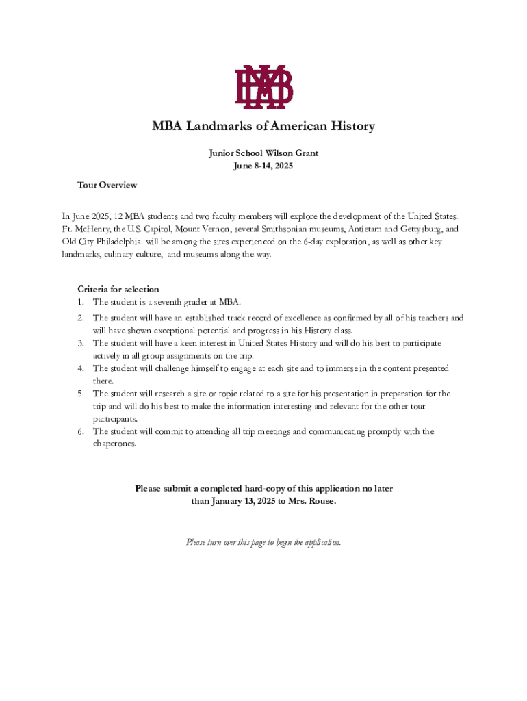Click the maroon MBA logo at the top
pyautogui.click(x=263, y=87)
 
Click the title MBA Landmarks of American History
pyautogui.click(x=263, y=127)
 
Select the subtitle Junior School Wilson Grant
pyautogui.click(x=263, y=153)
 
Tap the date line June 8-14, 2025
pyautogui.click(x=263, y=166)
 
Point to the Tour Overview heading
pyautogui.click(x=107, y=186)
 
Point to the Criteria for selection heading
pyautogui.click(x=118, y=289)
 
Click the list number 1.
pyautogui.click(x=80, y=302)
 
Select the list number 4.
pyautogui.click(x=80, y=368)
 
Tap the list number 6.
pyautogui.click(x=80, y=431)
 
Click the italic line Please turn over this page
pyautogui.click(x=263, y=542)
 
